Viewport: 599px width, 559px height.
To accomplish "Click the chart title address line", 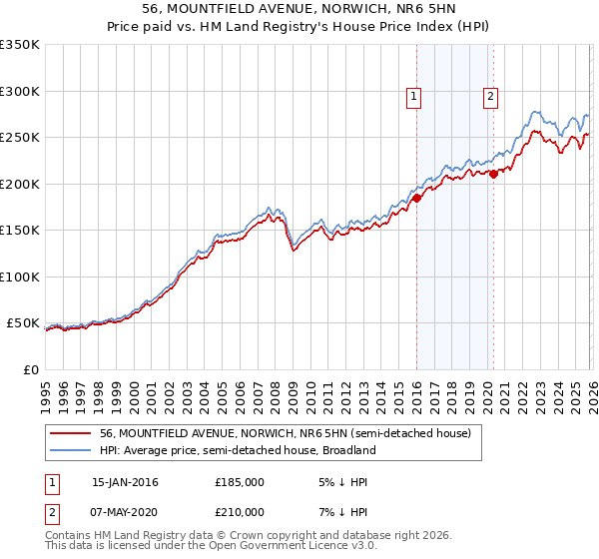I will coord(299,10).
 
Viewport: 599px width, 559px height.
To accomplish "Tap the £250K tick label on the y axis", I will coord(20,138).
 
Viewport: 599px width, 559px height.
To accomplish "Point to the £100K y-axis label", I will coord(20,277).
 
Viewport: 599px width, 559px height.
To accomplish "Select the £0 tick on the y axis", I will coord(30,369).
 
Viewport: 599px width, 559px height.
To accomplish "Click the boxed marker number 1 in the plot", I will coord(413,97).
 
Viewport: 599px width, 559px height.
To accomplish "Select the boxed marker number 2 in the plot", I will coord(491,97).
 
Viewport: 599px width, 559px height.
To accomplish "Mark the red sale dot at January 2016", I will coord(416,198).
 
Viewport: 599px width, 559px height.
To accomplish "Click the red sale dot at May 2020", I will coord(493,174).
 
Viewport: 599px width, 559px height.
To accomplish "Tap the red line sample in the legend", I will coord(72,433).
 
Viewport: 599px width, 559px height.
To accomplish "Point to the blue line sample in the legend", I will coord(72,451).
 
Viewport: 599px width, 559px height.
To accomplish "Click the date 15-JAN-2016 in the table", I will coord(125,482).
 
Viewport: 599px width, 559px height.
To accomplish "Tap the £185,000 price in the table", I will coord(240,482).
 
